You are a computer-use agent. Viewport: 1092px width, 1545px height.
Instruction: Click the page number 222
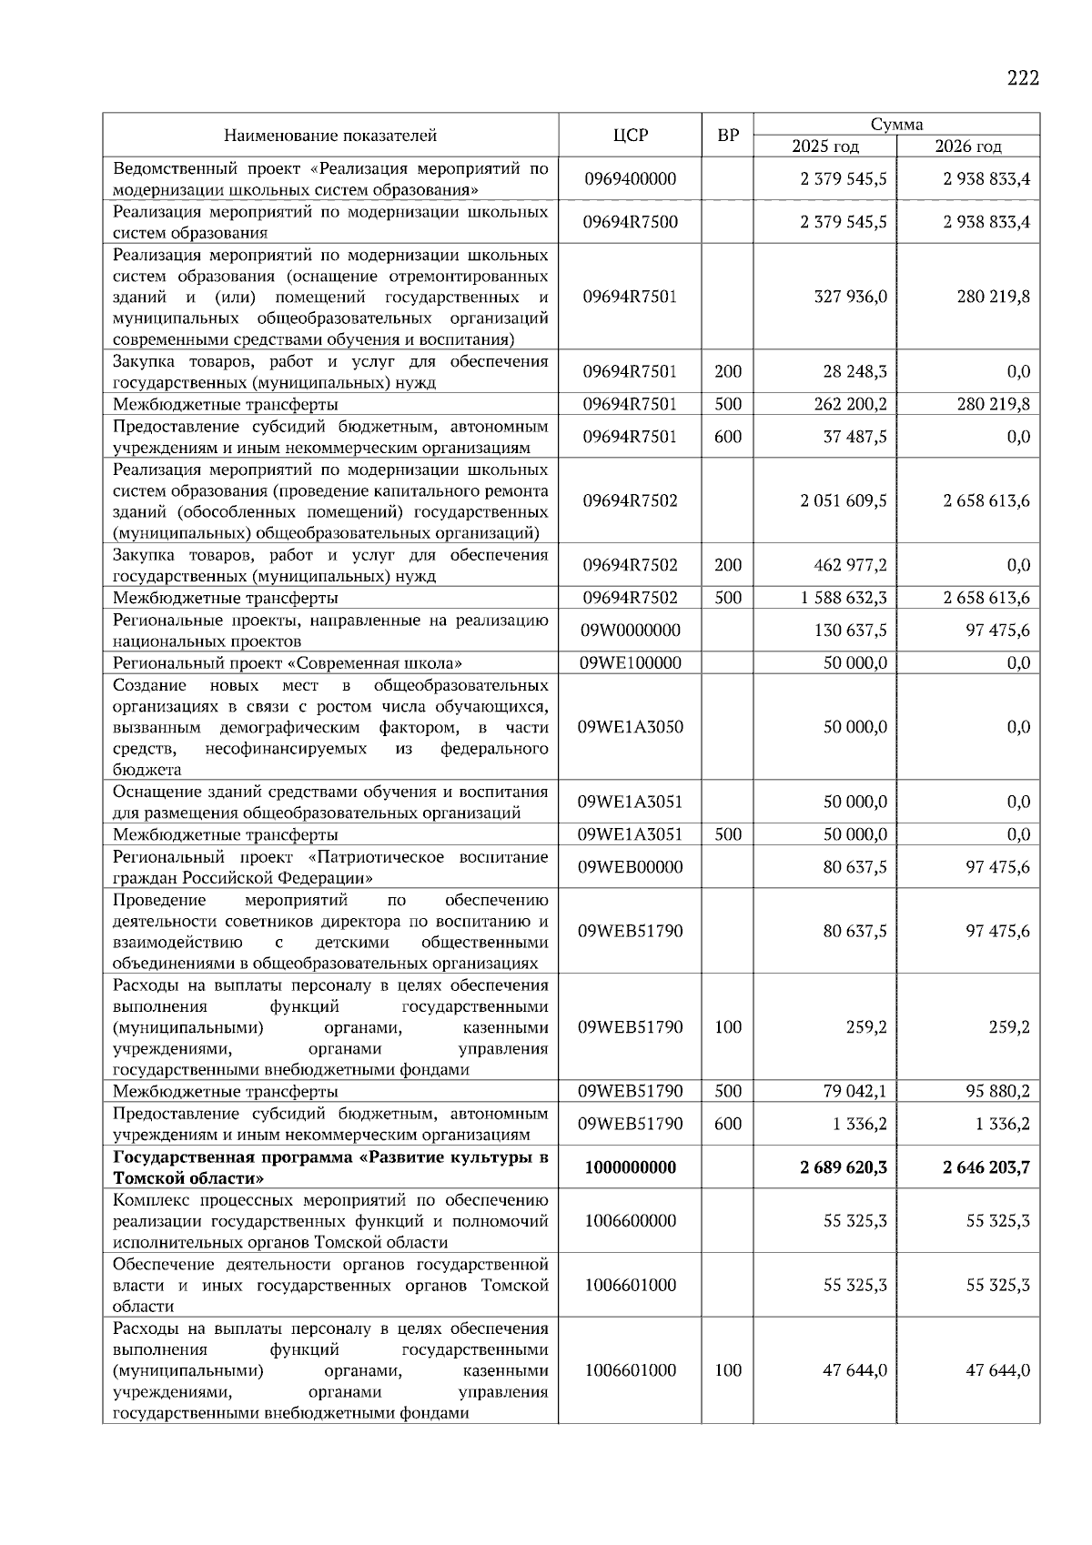coord(1022,78)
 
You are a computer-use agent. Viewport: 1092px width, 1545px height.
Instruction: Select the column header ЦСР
coord(630,136)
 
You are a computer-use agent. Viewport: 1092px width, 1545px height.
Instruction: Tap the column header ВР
coord(728,136)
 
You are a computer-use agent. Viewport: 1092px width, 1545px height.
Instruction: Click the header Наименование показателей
coord(330,136)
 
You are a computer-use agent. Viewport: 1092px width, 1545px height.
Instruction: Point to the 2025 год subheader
coord(824,146)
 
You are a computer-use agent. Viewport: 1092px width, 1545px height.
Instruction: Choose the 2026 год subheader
coord(967,146)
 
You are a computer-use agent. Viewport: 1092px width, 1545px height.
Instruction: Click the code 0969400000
coord(630,178)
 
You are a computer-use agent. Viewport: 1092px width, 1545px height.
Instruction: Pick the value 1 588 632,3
coord(844,598)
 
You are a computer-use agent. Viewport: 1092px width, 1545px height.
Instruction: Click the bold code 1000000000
coord(630,1167)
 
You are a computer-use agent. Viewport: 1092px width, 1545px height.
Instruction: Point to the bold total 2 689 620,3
coord(843,1167)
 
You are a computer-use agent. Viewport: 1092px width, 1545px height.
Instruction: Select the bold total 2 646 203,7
coord(986,1167)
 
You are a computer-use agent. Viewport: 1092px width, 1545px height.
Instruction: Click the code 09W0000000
coord(630,631)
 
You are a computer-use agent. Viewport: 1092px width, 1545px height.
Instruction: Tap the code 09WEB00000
coord(630,867)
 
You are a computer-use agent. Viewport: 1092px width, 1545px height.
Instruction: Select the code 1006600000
coord(630,1221)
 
